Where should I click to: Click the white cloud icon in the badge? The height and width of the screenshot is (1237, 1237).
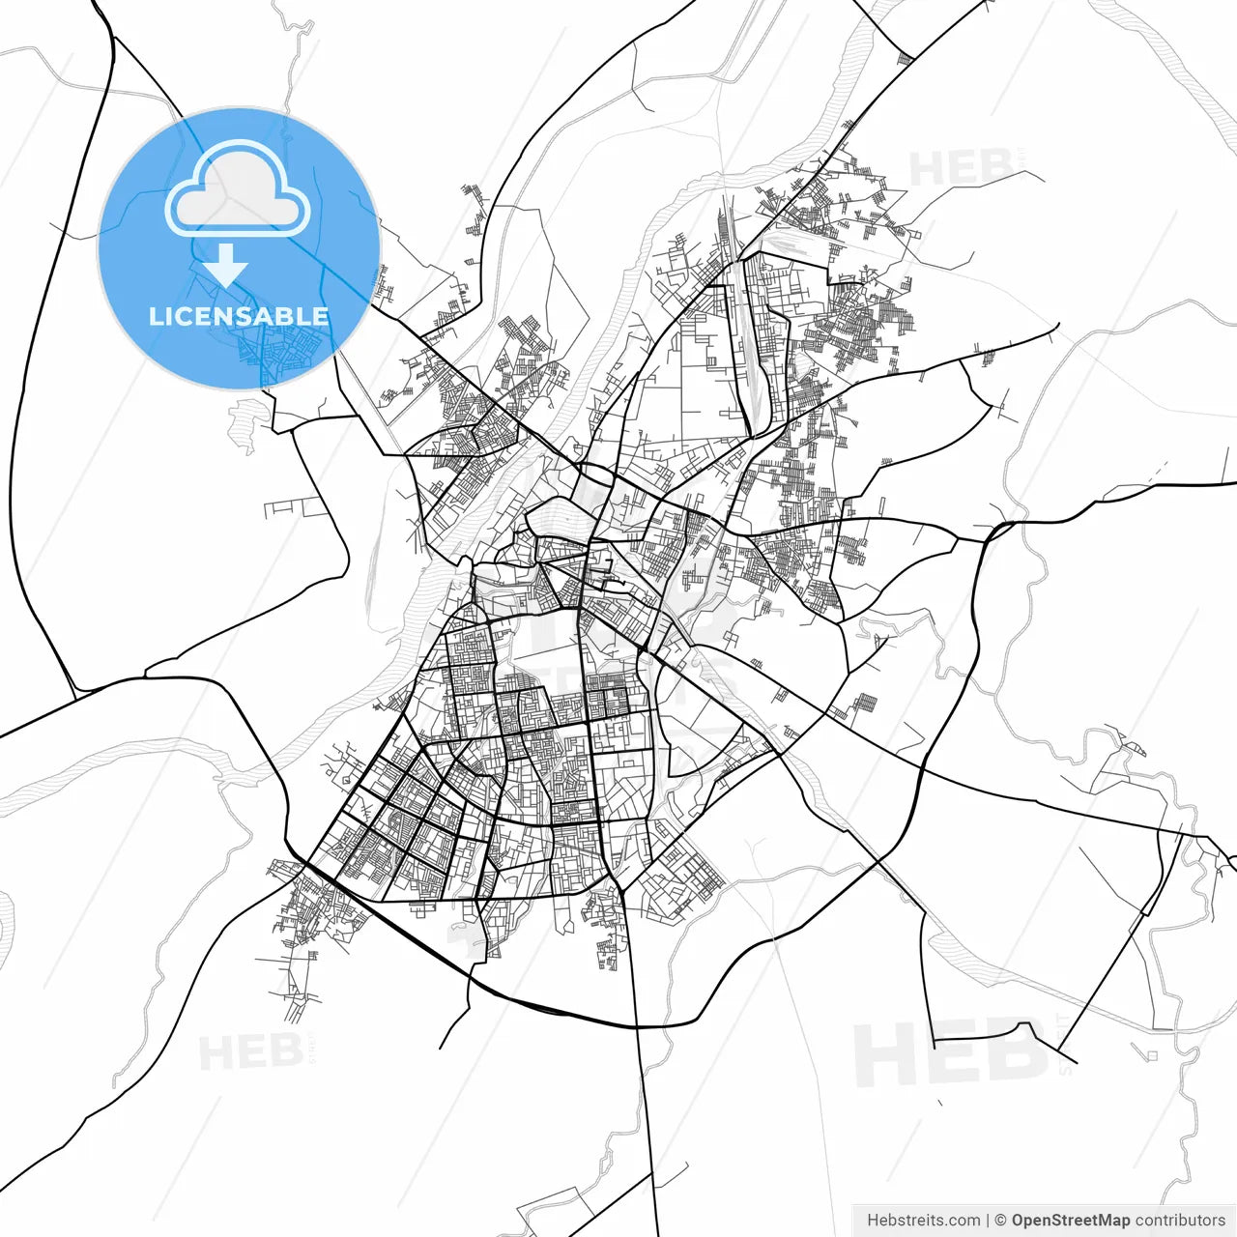tap(238, 189)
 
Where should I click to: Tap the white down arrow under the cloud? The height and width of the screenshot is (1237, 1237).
tap(225, 265)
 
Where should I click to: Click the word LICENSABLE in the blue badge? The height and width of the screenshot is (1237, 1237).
tap(238, 316)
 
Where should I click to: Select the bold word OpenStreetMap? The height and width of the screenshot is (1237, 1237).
tap(1070, 1221)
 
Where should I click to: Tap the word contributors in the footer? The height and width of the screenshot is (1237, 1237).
tap(1180, 1221)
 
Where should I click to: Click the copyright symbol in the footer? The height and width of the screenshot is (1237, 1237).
tap(1001, 1221)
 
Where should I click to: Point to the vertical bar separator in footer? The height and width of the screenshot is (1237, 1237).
tap(987, 1221)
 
